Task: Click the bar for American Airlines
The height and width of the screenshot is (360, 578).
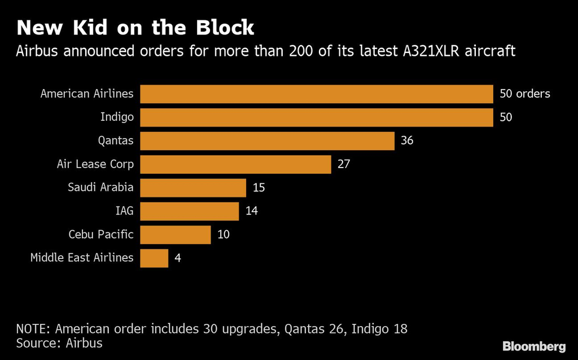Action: pos(317,94)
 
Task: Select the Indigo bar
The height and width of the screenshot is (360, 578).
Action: pos(317,117)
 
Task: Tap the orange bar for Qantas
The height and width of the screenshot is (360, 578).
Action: pos(267,141)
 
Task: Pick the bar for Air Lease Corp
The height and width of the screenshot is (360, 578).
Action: pos(235,164)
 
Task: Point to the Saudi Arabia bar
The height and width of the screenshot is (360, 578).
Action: pos(193,187)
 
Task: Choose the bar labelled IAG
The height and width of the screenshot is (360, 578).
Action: pos(190,211)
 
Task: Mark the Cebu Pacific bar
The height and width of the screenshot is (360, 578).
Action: pos(176,234)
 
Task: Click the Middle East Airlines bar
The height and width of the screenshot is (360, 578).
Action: pos(154,258)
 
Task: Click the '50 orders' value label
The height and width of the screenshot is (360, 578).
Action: pos(524,94)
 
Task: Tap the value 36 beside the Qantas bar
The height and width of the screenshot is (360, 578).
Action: pos(407,141)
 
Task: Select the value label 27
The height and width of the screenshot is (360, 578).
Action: pos(344,164)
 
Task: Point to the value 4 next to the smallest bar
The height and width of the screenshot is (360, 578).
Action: pos(178,258)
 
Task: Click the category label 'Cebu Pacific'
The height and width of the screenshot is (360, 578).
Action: pos(101,234)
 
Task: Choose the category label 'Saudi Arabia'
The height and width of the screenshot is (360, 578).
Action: pos(100,187)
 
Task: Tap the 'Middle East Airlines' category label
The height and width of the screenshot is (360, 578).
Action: pos(82,258)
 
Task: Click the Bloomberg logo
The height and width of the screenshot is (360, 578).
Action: pos(534,346)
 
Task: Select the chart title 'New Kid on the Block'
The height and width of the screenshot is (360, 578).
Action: pos(135,28)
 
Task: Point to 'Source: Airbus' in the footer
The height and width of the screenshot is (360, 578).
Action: pos(59,343)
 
